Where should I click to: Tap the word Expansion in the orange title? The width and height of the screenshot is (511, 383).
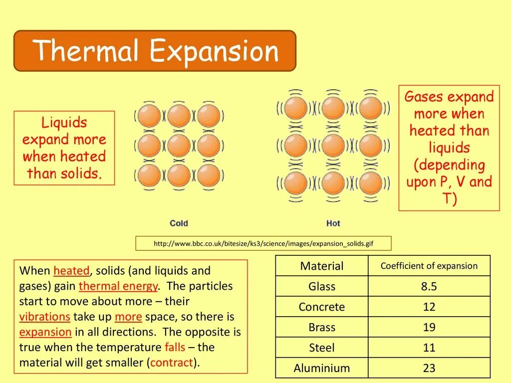click(214, 51)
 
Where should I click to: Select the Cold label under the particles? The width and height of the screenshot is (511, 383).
click(179, 223)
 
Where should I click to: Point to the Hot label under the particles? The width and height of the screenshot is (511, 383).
click(333, 223)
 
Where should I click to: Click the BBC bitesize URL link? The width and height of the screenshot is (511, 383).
click(263, 244)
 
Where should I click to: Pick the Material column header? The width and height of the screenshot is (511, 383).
click(322, 266)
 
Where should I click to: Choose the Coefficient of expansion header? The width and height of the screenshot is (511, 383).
click(429, 266)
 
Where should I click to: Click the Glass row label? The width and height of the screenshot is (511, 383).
click(322, 287)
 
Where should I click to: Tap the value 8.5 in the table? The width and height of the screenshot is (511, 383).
click(429, 287)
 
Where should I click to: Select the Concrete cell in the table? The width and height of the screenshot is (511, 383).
click(322, 307)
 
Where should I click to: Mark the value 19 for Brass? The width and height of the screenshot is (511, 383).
click(429, 328)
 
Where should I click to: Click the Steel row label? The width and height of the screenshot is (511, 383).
click(322, 348)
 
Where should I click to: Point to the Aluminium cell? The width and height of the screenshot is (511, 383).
click(322, 369)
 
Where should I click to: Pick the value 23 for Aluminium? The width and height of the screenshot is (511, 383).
click(429, 369)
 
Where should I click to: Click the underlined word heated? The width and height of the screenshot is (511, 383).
click(71, 271)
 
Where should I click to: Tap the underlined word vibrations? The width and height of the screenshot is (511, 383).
click(45, 317)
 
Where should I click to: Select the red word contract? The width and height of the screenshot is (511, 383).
click(172, 363)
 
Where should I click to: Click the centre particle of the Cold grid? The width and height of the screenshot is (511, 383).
click(179, 146)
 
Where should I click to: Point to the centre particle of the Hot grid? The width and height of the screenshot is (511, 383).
click(333, 146)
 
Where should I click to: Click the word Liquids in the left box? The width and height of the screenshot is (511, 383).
click(64, 123)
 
